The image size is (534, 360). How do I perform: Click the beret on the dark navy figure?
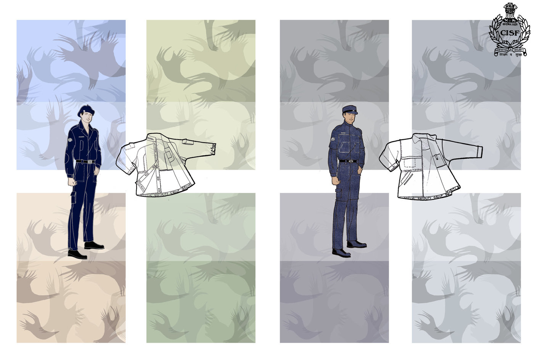click(86, 110)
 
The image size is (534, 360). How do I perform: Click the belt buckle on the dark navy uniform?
click(91, 162)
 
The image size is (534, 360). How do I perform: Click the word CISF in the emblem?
click(509, 33)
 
